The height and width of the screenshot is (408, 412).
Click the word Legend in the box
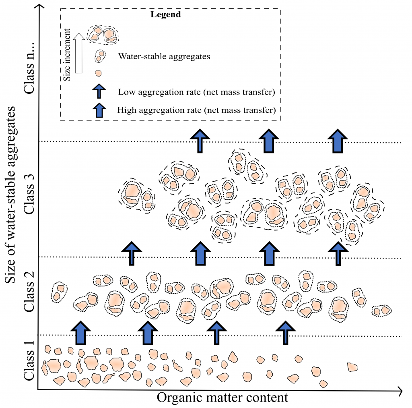(165, 15)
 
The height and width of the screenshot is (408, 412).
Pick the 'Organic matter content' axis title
(222, 398)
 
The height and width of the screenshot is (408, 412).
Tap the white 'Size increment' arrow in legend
(79, 53)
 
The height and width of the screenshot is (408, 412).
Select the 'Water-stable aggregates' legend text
(164, 56)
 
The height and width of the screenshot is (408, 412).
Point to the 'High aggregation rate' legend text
(196, 110)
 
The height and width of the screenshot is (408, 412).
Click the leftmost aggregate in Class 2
(59, 292)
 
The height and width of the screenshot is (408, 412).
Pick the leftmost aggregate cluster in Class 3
(136, 195)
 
